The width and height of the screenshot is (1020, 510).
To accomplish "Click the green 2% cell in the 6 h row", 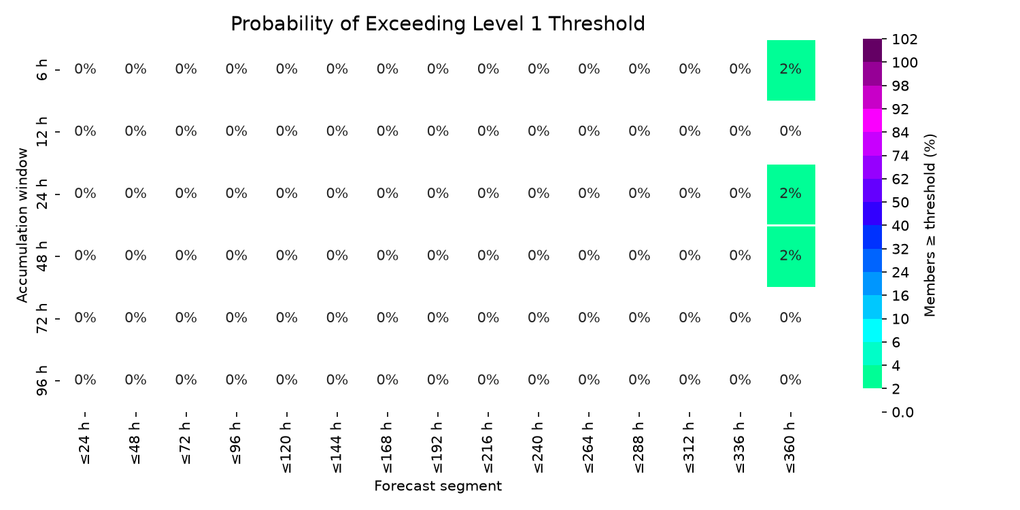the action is coord(791,70).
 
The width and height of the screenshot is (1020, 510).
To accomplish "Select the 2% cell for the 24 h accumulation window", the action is coord(791,194).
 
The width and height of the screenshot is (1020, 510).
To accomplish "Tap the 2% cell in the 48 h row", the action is coord(791,256).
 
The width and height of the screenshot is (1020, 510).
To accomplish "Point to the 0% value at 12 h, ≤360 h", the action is coord(790,131).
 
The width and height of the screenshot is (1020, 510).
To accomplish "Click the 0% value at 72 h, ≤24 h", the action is coord(85,318).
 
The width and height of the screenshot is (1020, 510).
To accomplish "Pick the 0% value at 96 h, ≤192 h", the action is coord(438,379).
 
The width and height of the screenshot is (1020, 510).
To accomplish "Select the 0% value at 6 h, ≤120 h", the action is coord(286,69).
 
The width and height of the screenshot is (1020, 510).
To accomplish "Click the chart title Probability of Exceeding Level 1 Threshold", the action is coord(438,24).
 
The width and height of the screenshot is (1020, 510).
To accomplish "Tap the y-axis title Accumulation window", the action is coord(22,225).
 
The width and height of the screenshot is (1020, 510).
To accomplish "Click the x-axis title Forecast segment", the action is coord(438,486).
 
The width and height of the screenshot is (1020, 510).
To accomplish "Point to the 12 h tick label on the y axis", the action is coord(41,132).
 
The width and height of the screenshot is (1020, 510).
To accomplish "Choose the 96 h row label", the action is coord(41,380).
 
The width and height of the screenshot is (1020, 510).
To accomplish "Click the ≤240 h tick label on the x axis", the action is coord(539,447).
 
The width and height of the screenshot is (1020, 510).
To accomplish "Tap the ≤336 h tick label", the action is coord(740,447).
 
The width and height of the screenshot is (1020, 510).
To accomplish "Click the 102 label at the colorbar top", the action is coord(905,39).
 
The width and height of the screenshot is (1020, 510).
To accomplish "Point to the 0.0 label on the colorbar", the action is coord(902,412).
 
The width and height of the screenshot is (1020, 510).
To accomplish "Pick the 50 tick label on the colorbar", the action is coord(900,203).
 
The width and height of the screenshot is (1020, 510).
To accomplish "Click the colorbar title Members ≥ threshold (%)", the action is coord(930,225).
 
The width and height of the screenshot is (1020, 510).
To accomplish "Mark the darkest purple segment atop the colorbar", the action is coord(872,50).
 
